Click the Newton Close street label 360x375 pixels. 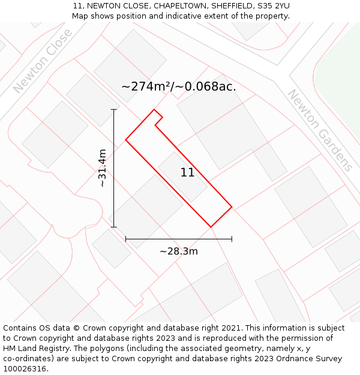[x=43, y=61]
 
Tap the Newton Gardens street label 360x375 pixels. [x=319, y=130]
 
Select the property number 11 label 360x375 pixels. [x=187, y=173]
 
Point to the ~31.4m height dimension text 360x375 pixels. [x=103, y=168]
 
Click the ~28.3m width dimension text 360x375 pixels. [x=178, y=251]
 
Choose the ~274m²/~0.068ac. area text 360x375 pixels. [x=179, y=86]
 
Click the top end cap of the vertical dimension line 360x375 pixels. [x=114, y=109]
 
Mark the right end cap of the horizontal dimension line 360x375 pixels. [x=232, y=239]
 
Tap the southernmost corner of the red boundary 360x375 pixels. [x=211, y=227]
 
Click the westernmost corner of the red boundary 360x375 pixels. [x=125, y=140]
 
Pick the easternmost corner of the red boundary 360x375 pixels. [x=232, y=208]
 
